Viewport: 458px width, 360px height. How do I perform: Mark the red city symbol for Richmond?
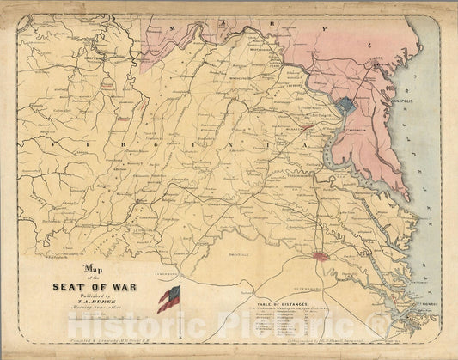[x=321, y=255]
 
